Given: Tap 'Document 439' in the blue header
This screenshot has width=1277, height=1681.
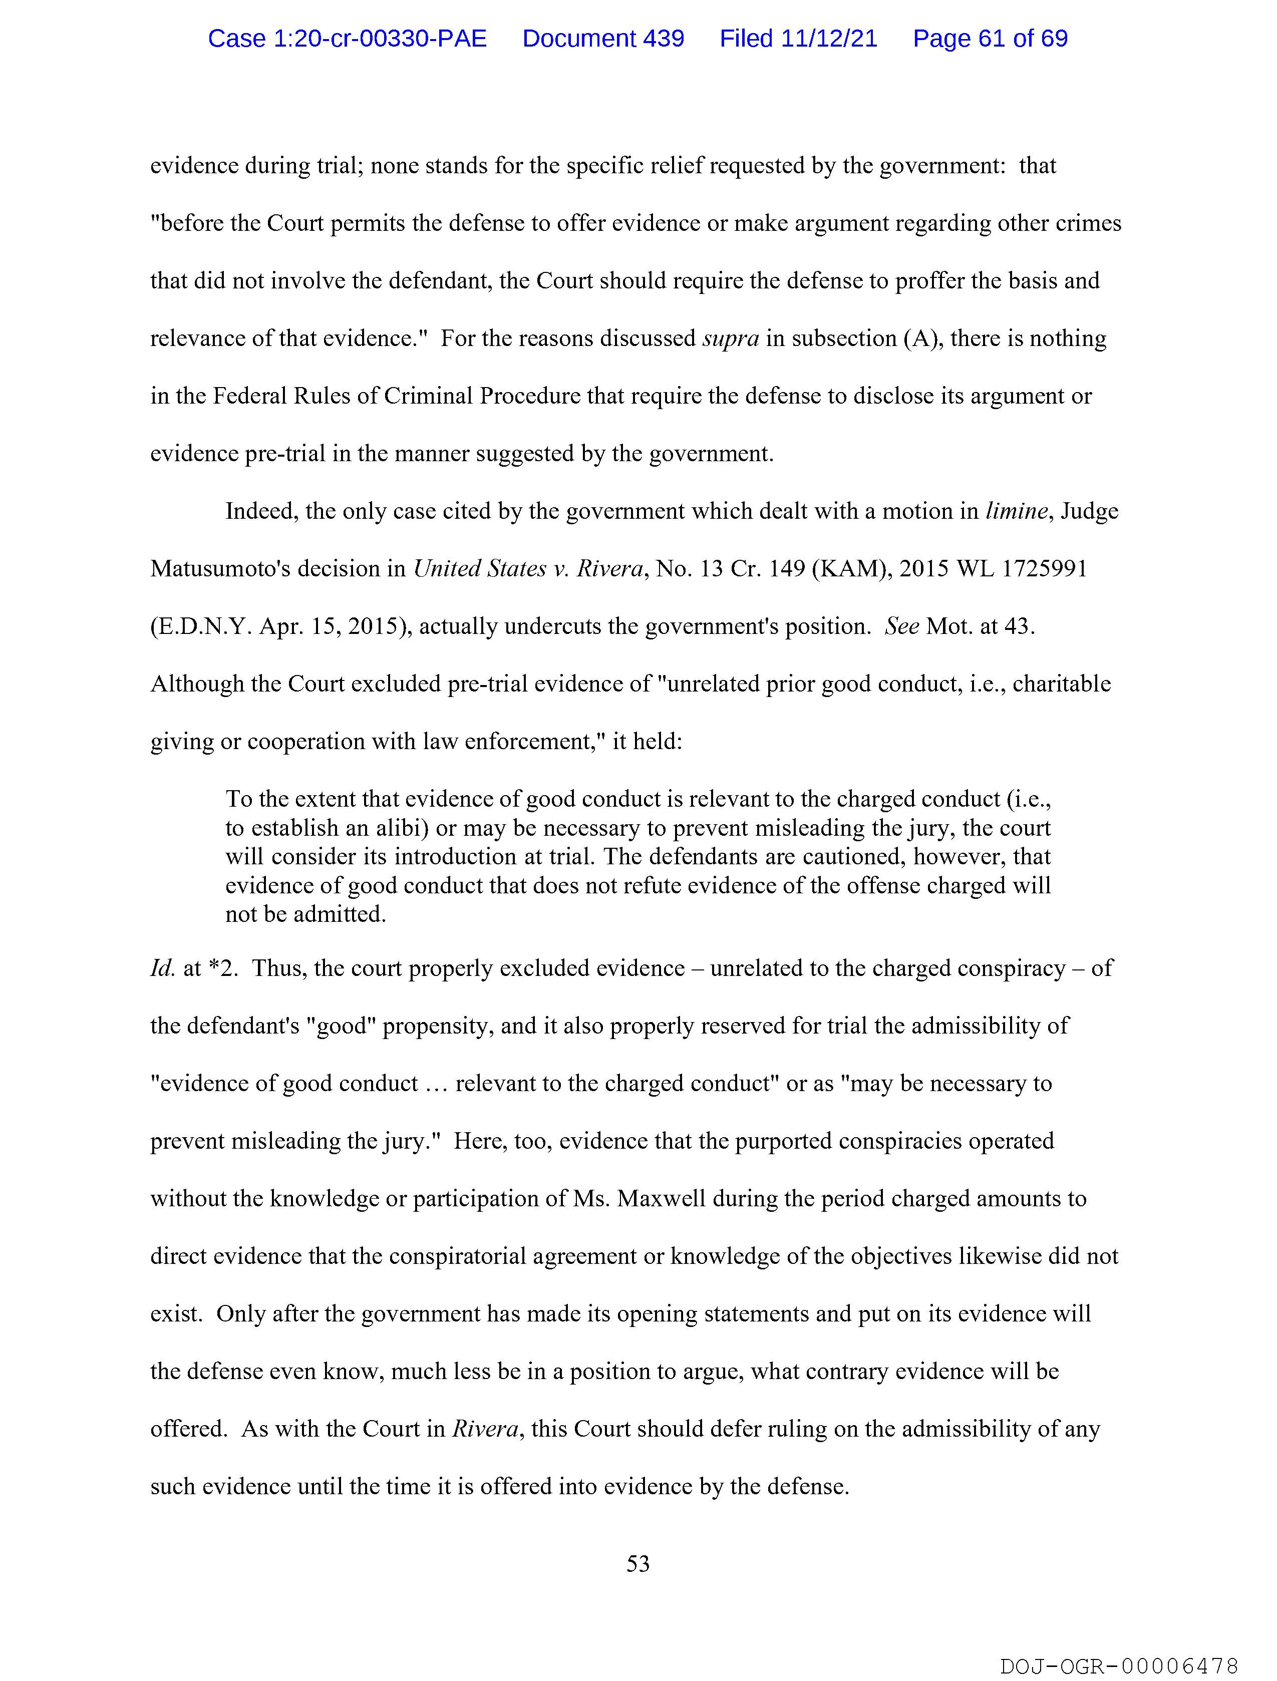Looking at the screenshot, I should pos(603,38).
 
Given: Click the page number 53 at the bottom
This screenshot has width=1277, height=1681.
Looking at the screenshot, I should pos(637,1563).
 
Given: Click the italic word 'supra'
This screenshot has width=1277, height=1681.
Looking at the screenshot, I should pos(731,338).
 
